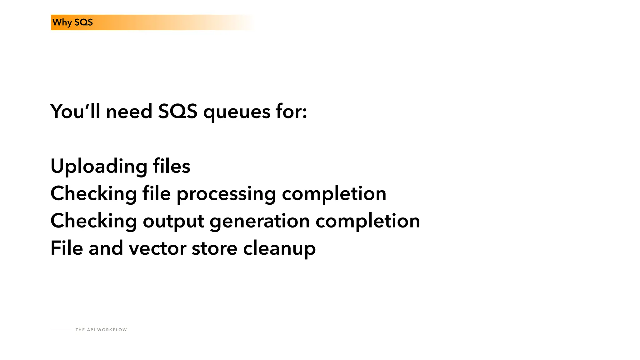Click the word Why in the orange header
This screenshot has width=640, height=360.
62,22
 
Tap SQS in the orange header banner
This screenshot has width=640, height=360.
83,22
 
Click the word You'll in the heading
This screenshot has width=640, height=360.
75,111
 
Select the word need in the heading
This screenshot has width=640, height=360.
129,111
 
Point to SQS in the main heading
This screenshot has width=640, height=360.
177,111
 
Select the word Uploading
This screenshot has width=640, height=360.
99,166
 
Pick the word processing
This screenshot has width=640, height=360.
226,194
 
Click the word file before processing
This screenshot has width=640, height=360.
156,193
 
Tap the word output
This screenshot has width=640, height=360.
173,221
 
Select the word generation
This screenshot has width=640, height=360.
260,221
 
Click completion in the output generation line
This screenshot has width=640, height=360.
367,221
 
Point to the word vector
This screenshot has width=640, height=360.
157,248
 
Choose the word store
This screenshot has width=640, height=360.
214,248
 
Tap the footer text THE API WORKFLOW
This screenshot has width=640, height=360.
101,330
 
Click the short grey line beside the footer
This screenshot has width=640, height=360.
61,330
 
